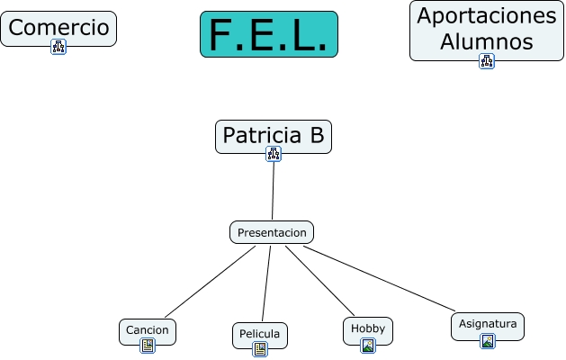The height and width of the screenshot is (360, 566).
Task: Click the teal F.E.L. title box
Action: (x=268, y=35)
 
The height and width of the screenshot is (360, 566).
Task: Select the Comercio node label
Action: (x=58, y=28)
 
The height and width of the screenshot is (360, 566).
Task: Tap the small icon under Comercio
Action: (x=58, y=47)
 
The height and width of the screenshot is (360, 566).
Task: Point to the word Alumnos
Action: (x=487, y=41)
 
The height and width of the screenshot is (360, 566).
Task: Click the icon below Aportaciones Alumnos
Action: (x=487, y=61)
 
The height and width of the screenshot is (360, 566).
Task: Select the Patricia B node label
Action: (x=274, y=136)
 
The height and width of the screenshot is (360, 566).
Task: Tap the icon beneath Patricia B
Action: (x=274, y=154)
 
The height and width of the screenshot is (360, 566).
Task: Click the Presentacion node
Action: (x=272, y=232)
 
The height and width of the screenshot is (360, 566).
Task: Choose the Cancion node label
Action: (x=148, y=329)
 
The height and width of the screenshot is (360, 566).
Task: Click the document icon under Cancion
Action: (x=148, y=345)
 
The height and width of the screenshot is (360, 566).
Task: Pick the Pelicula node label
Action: (x=260, y=335)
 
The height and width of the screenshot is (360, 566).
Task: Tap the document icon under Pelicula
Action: (x=260, y=349)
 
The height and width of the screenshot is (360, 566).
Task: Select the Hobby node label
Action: (x=367, y=328)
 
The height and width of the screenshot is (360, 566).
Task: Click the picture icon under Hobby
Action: (x=367, y=345)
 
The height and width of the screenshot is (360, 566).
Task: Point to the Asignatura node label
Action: (x=487, y=323)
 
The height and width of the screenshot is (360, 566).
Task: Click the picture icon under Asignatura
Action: (x=487, y=341)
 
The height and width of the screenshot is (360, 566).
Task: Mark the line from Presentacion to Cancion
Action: (x=210, y=282)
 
